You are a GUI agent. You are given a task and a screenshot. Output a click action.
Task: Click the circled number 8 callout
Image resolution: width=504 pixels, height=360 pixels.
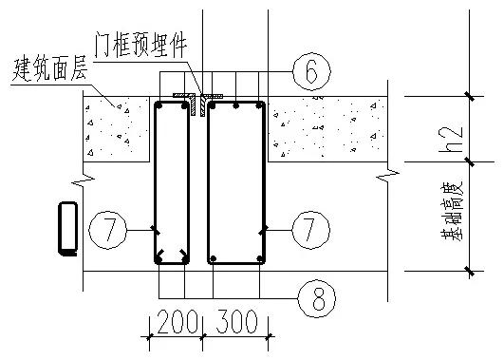click(316, 297)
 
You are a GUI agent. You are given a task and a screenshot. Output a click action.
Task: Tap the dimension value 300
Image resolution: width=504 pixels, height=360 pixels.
click(237, 322)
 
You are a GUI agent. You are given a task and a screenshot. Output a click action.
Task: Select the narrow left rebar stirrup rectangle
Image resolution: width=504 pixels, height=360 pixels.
click(172, 180)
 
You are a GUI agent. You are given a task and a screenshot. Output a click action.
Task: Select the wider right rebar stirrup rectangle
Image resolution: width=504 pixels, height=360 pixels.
click(237, 180)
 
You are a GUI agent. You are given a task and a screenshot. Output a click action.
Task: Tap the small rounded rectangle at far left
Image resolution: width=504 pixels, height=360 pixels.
click(67, 229)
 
